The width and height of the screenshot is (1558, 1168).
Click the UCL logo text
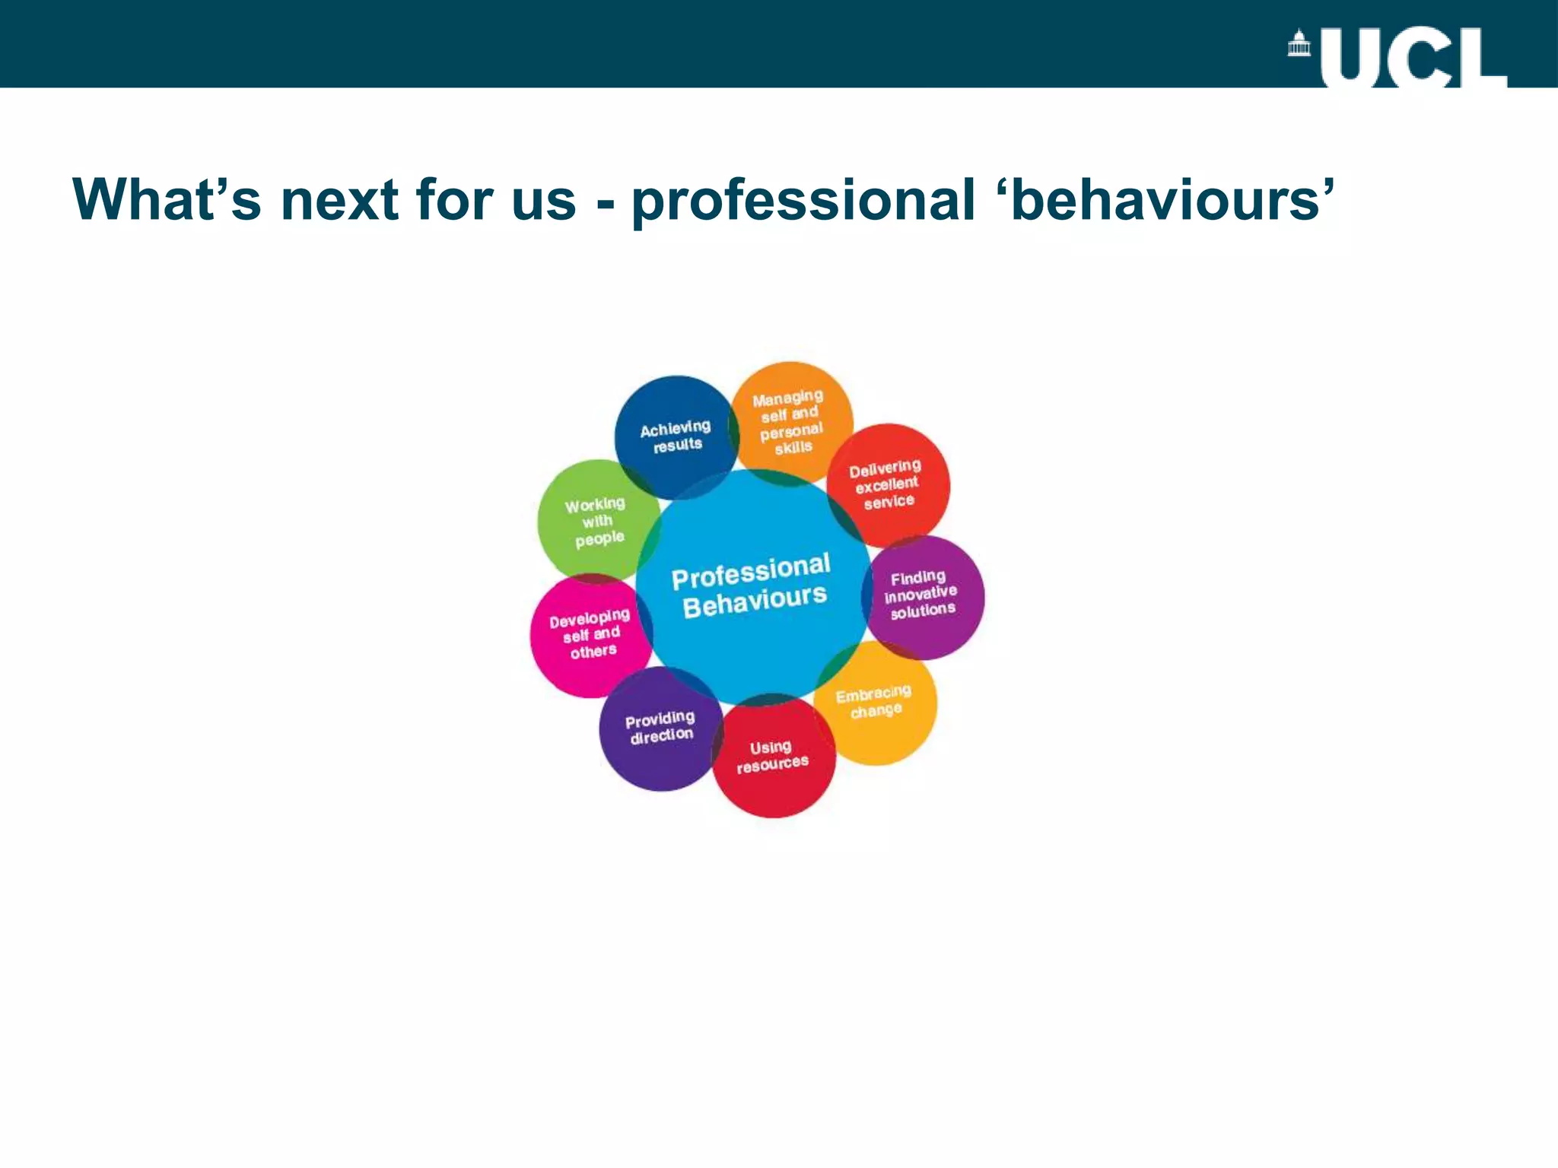(1413, 59)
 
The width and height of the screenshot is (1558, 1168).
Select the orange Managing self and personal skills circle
(790, 421)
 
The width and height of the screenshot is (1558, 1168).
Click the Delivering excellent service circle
(886, 484)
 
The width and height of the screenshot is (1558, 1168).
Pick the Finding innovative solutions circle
(922, 595)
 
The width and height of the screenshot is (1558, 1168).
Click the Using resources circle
(773, 757)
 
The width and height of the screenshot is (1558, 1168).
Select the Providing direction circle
(660, 728)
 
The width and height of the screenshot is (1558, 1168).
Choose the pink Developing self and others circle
(590, 634)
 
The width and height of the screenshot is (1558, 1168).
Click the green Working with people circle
(597, 521)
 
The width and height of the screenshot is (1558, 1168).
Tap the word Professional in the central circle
(751, 571)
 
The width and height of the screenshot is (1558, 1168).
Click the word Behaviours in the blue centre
(754, 601)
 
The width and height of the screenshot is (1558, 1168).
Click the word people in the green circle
(599, 538)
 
